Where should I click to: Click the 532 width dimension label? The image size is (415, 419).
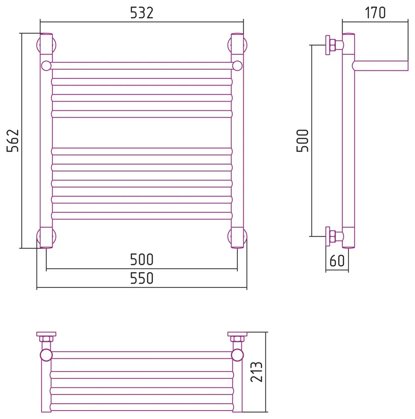coord(142,13)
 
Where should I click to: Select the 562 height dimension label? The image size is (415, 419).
coord(13,140)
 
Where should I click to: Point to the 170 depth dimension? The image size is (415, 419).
coord(375,13)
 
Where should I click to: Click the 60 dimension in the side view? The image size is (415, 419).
coord(337,261)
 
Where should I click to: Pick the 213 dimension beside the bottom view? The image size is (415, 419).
coord(256,372)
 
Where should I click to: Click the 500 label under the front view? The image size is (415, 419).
coord(142,259)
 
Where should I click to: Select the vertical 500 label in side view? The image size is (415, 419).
coord(302,140)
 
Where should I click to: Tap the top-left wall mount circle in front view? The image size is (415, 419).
coord(38,45)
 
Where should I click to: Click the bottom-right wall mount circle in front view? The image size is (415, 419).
coord(245,236)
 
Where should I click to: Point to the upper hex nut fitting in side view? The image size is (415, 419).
coord(333,45)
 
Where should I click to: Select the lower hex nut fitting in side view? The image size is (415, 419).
coord(333,236)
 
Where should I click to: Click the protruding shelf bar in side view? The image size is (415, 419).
coord(380,66)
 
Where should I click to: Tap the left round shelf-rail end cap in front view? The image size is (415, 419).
coord(46,66)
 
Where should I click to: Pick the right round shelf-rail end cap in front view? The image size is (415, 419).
coord(237,66)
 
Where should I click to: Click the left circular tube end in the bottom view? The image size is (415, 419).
coord(46,355)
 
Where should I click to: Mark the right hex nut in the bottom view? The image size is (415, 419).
coord(237,339)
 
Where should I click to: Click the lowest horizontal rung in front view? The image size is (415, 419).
coord(142,216)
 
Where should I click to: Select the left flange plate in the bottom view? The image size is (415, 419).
coord(46,334)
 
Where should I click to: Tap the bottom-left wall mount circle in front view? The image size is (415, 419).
coord(38,236)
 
